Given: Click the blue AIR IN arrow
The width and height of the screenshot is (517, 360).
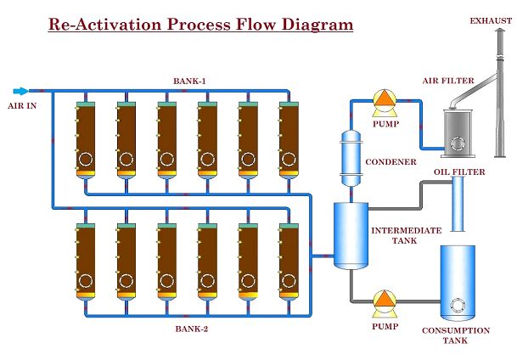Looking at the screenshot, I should tap(20, 90).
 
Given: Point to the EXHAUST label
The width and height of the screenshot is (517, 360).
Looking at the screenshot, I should tap(490, 20).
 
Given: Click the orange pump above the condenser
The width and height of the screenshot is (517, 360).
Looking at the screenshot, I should tap(385, 102).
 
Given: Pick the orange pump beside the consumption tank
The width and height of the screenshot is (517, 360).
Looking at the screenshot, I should tap(385, 300).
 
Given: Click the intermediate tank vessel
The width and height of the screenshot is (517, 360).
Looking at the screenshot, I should tap(350, 234).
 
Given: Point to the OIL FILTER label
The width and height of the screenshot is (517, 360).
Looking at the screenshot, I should tap(458, 172).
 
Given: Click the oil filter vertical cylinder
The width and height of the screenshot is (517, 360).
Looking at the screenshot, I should tap(458, 205).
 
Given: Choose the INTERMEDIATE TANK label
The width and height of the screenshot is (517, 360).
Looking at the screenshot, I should tap(406, 235).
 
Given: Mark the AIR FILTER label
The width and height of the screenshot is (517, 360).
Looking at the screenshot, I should tap(447, 82).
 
